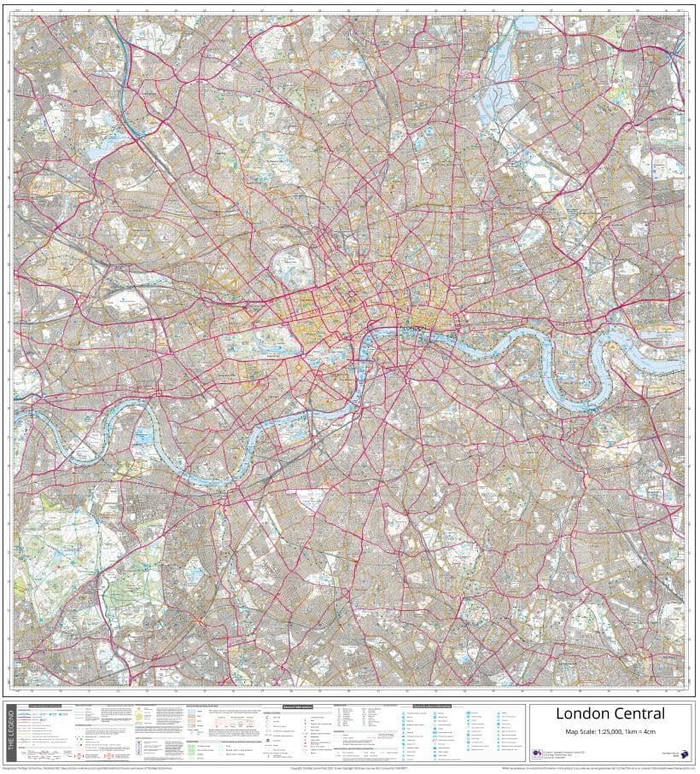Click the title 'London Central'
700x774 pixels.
[x=610, y=713]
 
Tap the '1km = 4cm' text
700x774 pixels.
[x=649, y=730]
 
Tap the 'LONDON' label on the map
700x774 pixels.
[x=414, y=327]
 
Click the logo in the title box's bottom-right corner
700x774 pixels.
[x=673, y=751]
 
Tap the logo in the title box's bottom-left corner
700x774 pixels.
[x=538, y=752]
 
